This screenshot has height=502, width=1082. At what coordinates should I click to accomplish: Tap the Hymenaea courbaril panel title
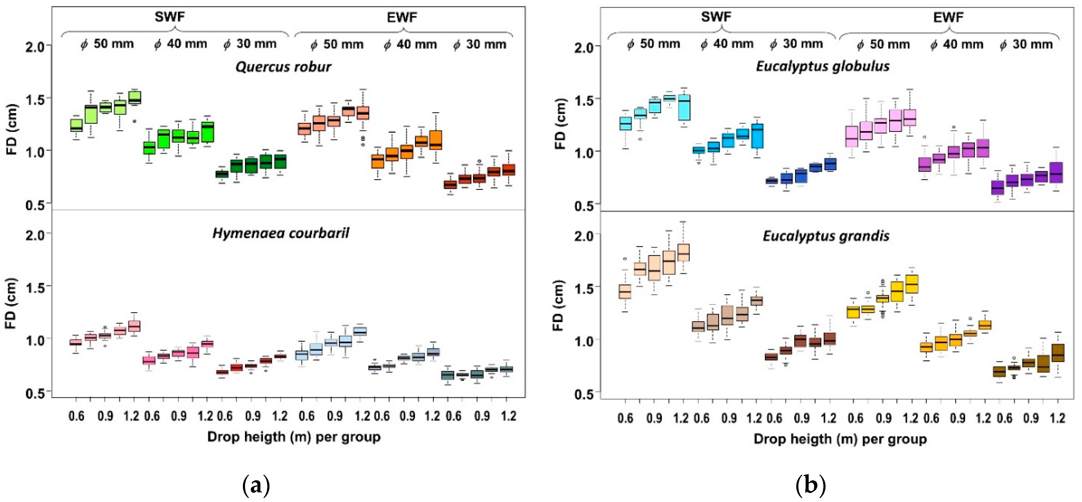click(x=281, y=233)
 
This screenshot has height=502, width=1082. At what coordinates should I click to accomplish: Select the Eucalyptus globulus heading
click(x=823, y=66)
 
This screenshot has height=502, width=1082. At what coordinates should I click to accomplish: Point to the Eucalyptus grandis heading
click(x=826, y=236)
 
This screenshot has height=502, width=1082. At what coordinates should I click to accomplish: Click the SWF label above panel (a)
click(x=170, y=17)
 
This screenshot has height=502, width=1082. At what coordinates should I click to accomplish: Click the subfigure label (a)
click(x=256, y=486)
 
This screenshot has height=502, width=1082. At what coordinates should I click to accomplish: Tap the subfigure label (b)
click(x=811, y=486)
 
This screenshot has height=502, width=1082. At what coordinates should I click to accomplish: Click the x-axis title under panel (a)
click(x=294, y=437)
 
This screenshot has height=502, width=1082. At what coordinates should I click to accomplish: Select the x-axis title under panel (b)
click(x=840, y=439)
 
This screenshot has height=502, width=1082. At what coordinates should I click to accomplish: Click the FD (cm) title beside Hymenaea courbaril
click(x=11, y=303)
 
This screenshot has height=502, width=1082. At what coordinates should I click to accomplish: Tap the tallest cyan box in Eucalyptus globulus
click(x=684, y=108)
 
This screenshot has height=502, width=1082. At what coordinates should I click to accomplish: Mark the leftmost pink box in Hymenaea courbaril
click(x=76, y=342)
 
